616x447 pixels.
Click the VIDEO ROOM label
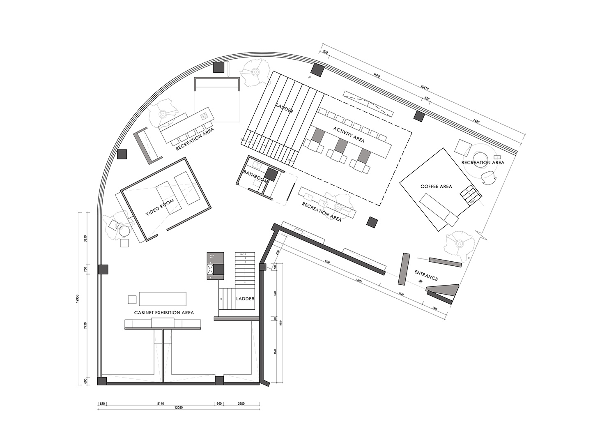click(160, 207)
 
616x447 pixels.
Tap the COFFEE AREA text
click(436, 187)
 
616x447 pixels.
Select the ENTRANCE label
click(426, 275)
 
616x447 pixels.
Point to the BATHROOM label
click(255, 176)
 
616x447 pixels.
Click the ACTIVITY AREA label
click(349, 135)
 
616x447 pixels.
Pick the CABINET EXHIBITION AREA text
click(164, 313)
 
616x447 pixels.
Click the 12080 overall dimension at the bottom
click(178, 407)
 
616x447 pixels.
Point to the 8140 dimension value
click(161, 403)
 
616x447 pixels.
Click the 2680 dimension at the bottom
click(241, 403)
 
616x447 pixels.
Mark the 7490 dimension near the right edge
click(476, 121)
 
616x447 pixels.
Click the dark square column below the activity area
click(372, 222)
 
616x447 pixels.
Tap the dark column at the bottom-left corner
click(102, 381)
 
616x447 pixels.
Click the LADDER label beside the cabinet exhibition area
click(245, 299)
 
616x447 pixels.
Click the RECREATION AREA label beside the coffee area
click(483, 163)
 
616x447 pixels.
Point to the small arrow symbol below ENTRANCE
click(420, 281)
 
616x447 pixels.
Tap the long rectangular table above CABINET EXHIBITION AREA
click(163, 298)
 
